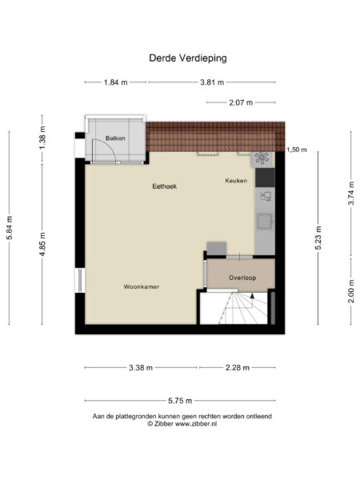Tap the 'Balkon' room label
[114, 139]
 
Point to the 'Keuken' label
[236, 182]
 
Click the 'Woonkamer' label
[141, 286]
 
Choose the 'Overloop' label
[241, 278]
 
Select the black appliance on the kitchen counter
[265, 177]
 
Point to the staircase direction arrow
[253, 295]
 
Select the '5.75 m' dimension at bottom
[180, 401]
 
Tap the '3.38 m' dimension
[141, 368]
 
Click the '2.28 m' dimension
[236, 368]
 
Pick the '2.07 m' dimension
[240, 102]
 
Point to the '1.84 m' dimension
[114, 82]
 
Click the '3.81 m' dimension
[211, 82]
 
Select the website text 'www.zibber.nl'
[195, 424]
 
